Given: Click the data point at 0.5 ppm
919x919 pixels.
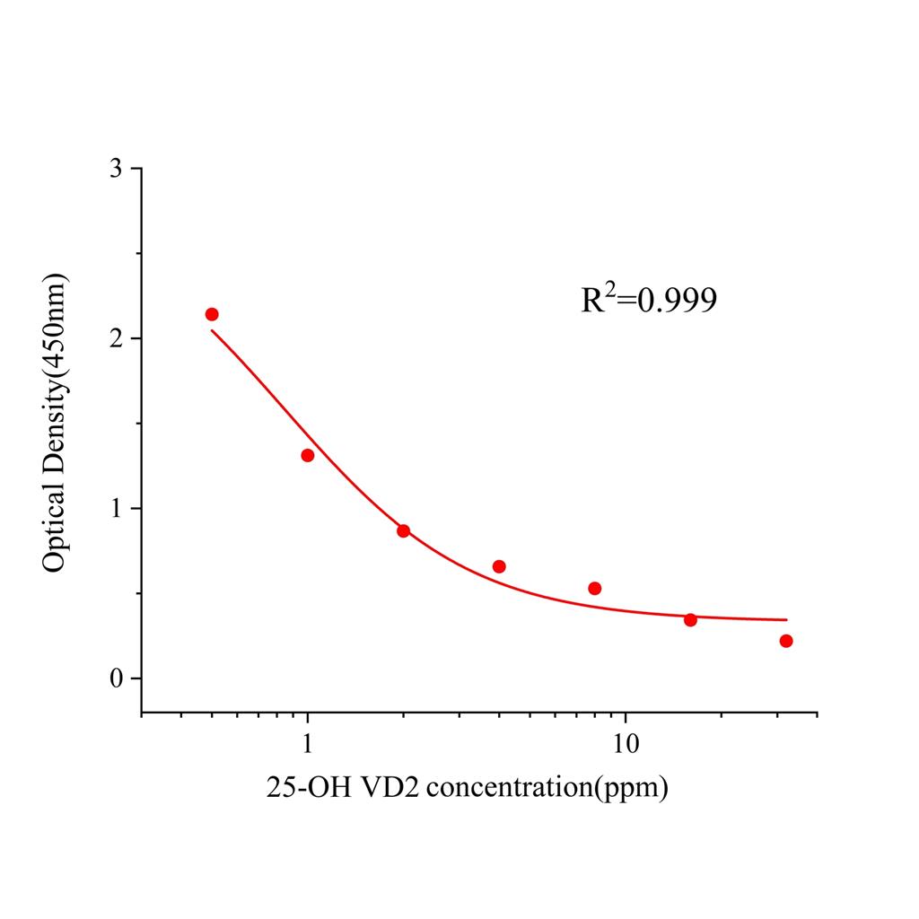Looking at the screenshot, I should pyautogui.click(x=212, y=314).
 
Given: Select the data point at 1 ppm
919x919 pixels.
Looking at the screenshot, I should pyautogui.click(x=308, y=455).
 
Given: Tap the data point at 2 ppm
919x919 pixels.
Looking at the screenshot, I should pyautogui.click(x=404, y=530).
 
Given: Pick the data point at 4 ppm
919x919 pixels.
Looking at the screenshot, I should pyautogui.click(x=499, y=566).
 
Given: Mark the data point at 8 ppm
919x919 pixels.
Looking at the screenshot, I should pyautogui.click(x=594, y=588).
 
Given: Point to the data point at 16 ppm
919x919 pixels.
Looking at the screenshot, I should pyautogui.click(x=690, y=620).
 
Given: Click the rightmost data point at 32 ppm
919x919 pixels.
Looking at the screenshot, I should pyautogui.click(x=786, y=641).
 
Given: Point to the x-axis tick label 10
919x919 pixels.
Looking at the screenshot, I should pyautogui.click(x=625, y=744).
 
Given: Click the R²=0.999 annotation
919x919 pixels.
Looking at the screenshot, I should pyautogui.click(x=649, y=300).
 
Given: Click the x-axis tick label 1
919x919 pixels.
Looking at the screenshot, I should pyautogui.click(x=308, y=744).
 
